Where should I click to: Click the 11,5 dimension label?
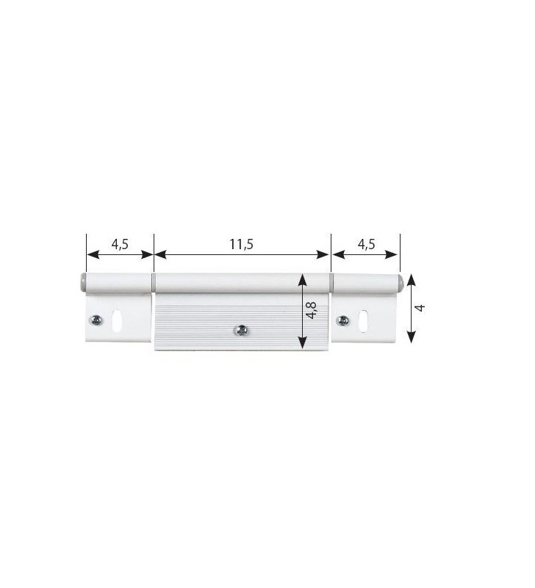241,245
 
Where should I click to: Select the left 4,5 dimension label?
120,245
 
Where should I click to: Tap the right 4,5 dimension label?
365,245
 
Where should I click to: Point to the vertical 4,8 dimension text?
312,309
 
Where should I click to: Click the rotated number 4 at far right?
420,307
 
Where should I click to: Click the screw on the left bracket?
96,320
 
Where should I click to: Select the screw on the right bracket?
342,320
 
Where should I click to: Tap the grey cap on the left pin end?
82,282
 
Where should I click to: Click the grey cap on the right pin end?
398,282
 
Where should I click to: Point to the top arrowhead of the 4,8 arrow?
301,280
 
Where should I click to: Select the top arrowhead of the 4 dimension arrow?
412,278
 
